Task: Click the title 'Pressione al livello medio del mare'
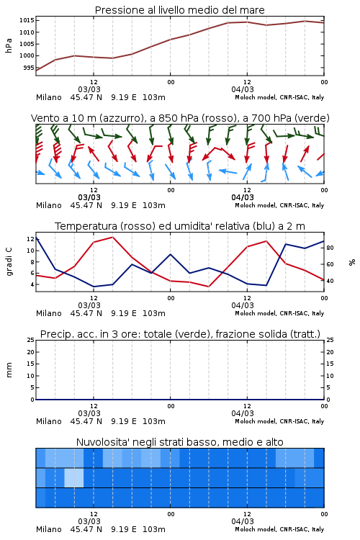[x=179, y=10]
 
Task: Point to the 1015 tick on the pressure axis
[x=27, y=20]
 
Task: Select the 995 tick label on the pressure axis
[x=29, y=68]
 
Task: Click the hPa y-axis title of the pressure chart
[x=9, y=45]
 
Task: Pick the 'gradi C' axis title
[x=9, y=262]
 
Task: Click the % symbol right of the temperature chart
[x=352, y=262]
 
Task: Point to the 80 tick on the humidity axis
[x=330, y=248]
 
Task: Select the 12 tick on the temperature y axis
[x=30, y=239]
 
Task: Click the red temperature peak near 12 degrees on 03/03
[x=112, y=237]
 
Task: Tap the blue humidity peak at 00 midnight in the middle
[x=170, y=254]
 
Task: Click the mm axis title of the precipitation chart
[x=9, y=370]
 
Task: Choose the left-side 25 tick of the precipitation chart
[x=30, y=340]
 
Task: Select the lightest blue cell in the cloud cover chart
[x=74, y=477]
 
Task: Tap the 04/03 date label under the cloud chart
[x=243, y=521]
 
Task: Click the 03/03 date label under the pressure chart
[x=89, y=89]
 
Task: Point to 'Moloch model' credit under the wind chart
[x=256, y=205]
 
